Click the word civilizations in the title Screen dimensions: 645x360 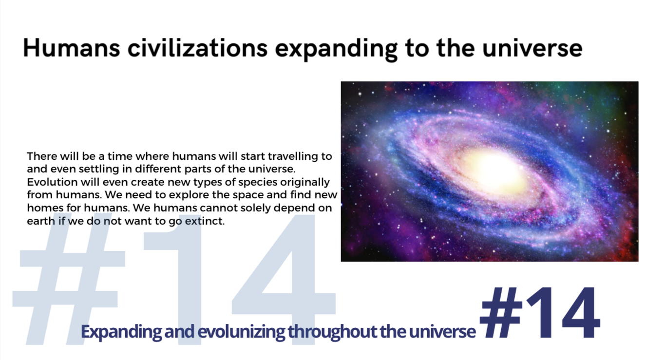[x=197, y=48]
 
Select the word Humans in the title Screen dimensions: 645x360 [x=72, y=48]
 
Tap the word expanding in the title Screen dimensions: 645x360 [x=336, y=50]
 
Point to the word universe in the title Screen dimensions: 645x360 [x=532, y=48]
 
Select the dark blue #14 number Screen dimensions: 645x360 [x=540, y=313]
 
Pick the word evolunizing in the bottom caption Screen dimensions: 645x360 [x=241, y=332]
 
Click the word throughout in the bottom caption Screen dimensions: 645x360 [x=332, y=332]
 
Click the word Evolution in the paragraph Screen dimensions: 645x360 [x=53, y=182]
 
